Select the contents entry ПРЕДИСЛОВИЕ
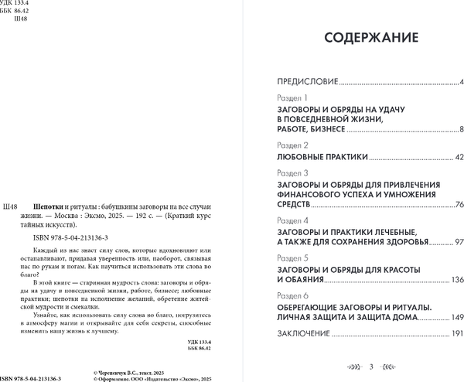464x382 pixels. [308, 81]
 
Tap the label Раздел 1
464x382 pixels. [292, 99]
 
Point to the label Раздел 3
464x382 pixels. [292, 173]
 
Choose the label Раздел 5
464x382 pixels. [292, 255]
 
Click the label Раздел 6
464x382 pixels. [292, 297]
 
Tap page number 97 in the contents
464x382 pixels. [456, 241]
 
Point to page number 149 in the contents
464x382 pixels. [454, 317]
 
